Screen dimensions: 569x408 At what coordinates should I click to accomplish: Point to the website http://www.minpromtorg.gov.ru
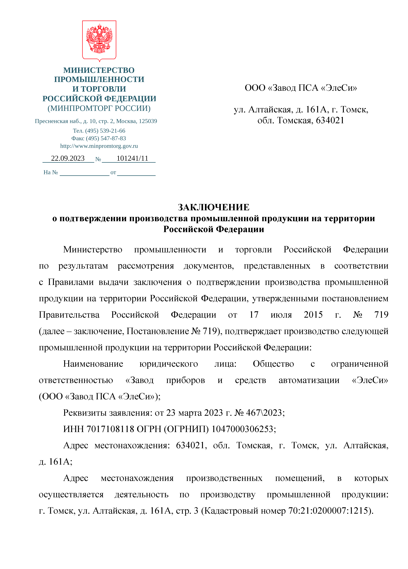tap(99, 146)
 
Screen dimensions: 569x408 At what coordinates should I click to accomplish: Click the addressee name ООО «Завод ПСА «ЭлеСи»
tap(301, 88)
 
